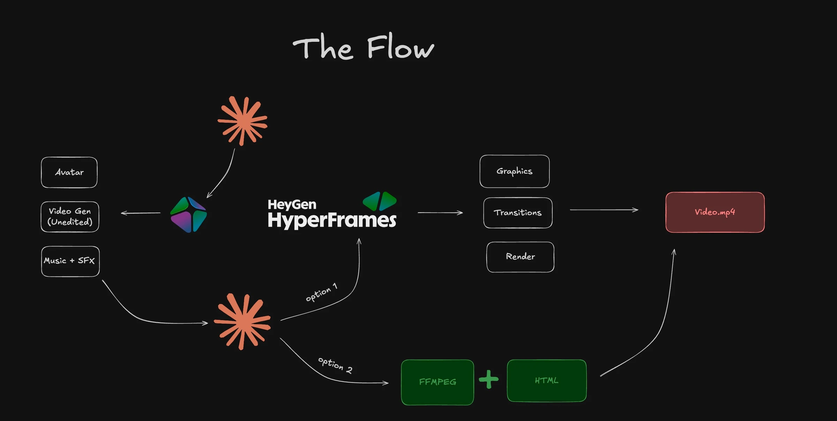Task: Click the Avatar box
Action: point(69,172)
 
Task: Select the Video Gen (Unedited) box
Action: point(70,217)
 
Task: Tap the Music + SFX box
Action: point(70,261)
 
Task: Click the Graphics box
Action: point(514,171)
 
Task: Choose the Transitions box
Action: point(518,213)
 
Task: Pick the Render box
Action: point(520,257)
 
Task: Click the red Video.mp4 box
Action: point(715,212)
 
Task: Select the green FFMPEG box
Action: point(437,382)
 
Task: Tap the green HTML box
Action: point(546,381)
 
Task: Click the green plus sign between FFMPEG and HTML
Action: point(489,379)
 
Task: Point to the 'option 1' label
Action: point(322,292)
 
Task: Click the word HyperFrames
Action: point(332,220)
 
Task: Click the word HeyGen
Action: point(292,204)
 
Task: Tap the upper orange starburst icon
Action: point(243,121)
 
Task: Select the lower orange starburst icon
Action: point(242,322)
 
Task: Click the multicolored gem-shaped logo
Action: point(188,215)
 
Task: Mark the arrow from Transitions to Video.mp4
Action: point(604,210)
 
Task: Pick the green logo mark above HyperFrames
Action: point(380,201)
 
